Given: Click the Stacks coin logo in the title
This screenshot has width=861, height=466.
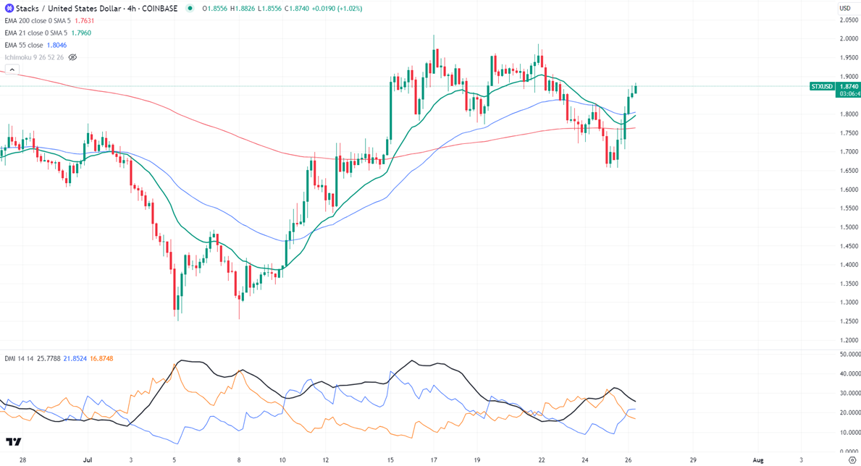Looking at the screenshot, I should [x=9, y=8].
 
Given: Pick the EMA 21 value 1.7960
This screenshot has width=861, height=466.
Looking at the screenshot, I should [x=80, y=33].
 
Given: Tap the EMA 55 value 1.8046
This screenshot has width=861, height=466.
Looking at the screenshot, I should [x=56, y=46].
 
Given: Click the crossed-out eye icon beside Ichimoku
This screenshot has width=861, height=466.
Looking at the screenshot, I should [x=72, y=57].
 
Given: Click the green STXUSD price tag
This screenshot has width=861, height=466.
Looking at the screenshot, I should [x=823, y=86].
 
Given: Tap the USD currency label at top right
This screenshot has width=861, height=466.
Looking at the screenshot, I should [x=845, y=8].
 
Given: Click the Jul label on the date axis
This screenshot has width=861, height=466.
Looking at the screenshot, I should [x=88, y=459].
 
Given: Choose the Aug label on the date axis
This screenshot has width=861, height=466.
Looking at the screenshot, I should [x=757, y=459].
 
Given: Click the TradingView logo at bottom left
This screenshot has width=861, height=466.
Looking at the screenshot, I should [x=13, y=441].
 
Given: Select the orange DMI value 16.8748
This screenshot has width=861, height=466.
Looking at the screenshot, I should [x=101, y=359].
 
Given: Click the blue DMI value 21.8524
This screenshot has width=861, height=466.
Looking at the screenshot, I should [x=75, y=359].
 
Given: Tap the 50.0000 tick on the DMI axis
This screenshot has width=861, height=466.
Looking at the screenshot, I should [x=847, y=355].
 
